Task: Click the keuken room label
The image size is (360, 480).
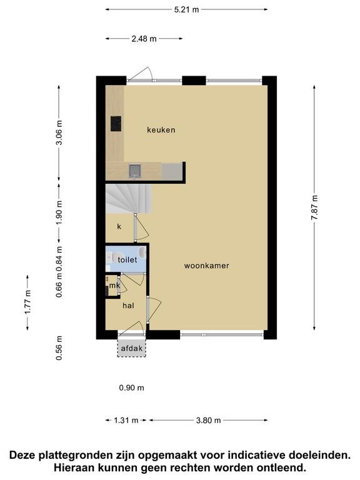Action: coord(161,130)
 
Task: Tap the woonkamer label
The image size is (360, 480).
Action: coord(207,266)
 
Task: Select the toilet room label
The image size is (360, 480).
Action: coord(127,259)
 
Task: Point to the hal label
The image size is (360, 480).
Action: coord(128,306)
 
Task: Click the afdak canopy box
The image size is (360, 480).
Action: coord(132,348)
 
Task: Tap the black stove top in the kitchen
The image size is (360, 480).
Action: coord(116,124)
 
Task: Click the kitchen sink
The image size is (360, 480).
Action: coord(135,171)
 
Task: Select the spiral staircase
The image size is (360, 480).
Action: coord(129,198)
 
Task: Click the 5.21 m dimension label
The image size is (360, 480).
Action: coord(186,9)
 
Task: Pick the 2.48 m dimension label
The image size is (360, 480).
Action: coord(144,39)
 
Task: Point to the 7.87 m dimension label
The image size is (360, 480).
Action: coord(314,207)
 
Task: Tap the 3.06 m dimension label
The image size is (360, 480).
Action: coord(59,132)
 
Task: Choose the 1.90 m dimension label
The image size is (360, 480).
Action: coord(59,212)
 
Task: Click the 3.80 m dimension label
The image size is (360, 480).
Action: coord(209,420)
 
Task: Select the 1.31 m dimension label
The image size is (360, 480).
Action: coord(126,420)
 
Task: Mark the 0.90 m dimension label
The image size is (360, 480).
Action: coord(132,388)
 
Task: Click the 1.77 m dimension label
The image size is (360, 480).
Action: coord(27,302)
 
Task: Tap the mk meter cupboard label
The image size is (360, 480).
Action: coord(114,285)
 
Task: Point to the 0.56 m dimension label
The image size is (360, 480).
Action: coord(59,348)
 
